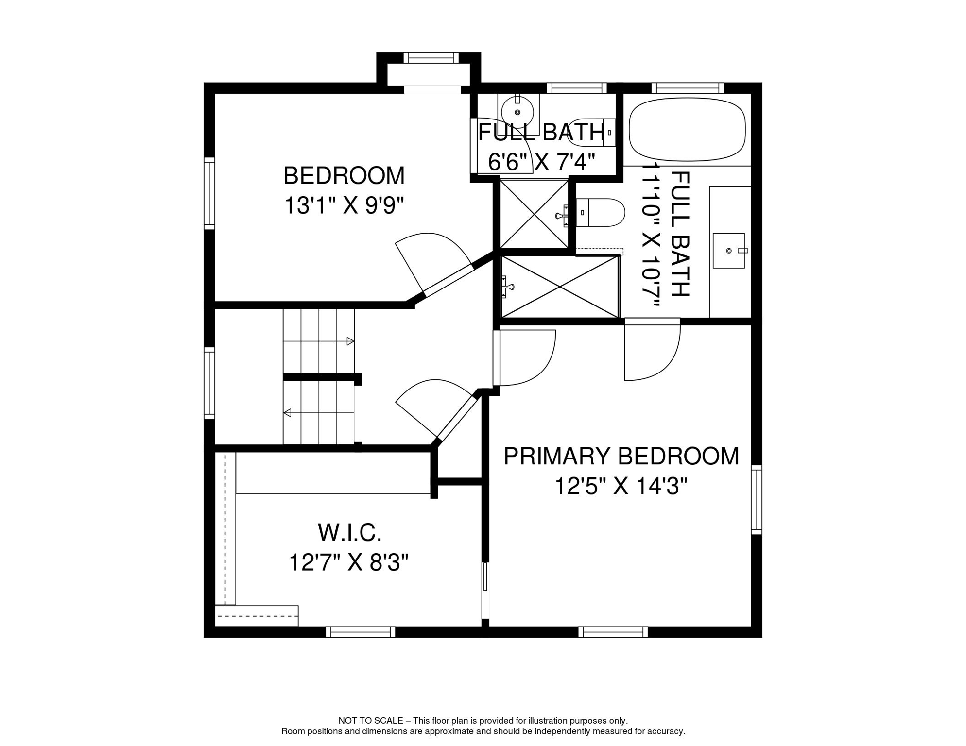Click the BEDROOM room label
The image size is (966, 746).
point(344,176)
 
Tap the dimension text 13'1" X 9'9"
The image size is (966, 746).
point(344,205)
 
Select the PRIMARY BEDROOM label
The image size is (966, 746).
point(621,457)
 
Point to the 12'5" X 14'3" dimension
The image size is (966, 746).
point(621,486)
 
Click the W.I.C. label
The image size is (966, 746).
point(349,533)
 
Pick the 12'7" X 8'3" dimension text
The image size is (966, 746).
point(348,563)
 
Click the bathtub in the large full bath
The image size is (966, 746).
point(687,129)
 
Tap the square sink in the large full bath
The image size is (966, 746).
point(728,251)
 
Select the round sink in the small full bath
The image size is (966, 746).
point(517,112)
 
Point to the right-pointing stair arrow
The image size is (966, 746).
point(350,341)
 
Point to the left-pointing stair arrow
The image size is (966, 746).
point(288,413)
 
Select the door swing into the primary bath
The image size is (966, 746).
point(651,352)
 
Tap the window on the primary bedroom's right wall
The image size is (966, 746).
point(756,499)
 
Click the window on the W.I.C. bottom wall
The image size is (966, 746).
point(360,632)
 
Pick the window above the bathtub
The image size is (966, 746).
point(687,88)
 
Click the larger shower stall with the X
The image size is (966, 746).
point(560,287)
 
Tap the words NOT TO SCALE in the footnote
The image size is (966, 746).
point(370,721)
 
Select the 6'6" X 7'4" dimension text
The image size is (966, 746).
point(541,162)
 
